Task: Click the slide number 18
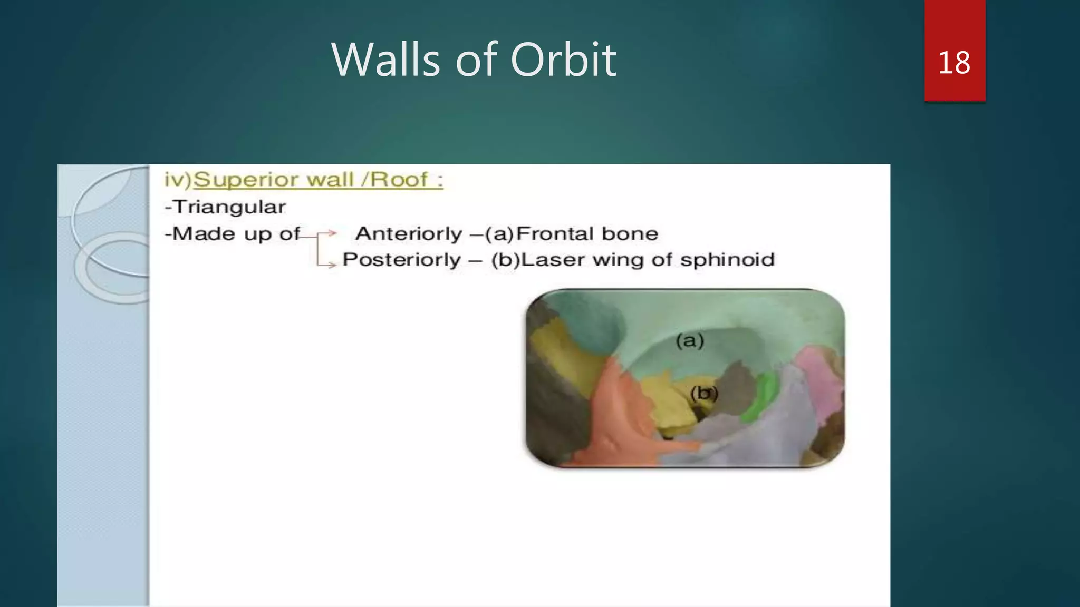(954, 63)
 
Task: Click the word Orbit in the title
(563, 60)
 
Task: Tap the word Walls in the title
(385, 60)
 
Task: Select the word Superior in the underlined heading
(246, 180)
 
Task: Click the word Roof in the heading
(399, 180)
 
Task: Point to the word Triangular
(229, 207)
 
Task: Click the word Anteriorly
(409, 233)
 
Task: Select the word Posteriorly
(401, 260)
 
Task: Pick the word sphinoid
(727, 260)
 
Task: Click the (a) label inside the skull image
(690, 341)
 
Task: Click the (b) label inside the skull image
(703, 393)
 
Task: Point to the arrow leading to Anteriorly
(327, 233)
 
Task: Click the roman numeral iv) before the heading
(177, 180)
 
